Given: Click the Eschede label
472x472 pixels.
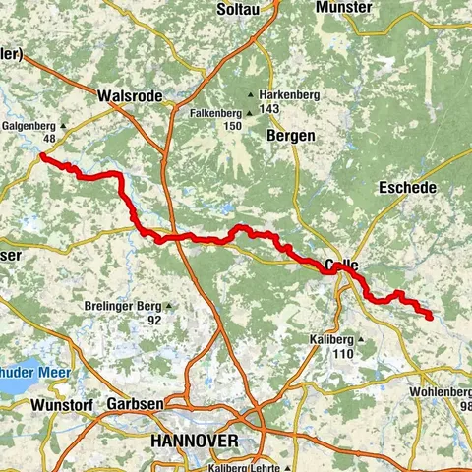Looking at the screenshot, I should pos(407,186).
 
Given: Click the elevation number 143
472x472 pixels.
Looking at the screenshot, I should pos(291,109).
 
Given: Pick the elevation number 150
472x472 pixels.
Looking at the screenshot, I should pos(232,126).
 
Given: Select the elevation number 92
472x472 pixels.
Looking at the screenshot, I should pos(154,320).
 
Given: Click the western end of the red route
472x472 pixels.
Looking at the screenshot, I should pos(42,155).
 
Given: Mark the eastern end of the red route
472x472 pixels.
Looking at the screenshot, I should pos(431,316).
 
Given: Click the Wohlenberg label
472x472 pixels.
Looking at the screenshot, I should pos(442,392).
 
